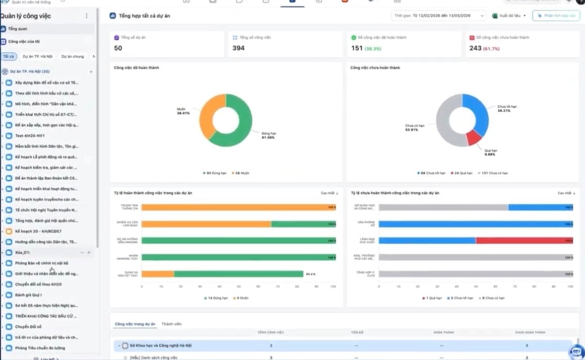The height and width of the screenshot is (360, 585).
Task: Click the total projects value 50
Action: [x=118, y=48]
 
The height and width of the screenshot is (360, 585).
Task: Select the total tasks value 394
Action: [x=238, y=48]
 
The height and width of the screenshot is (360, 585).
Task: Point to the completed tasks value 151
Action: [x=357, y=48]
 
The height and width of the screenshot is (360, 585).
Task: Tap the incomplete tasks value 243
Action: [x=475, y=48]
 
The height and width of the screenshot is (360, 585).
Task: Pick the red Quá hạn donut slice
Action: [x=473, y=137]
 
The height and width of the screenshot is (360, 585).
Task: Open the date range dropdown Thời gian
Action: [x=438, y=16]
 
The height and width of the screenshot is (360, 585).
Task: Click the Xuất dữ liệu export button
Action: [x=509, y=16]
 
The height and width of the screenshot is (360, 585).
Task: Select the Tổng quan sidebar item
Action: [x=18, y=29]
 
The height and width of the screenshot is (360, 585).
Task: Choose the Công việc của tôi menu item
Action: [x=24, y=41]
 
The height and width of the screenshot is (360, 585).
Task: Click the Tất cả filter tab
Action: [x=8, y=56]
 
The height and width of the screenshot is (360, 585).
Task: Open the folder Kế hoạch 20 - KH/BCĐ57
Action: [x=38, y=231]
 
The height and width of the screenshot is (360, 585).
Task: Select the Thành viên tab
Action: [x=171, y=324]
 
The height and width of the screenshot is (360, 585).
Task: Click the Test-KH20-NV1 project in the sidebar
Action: [x=30, y=135]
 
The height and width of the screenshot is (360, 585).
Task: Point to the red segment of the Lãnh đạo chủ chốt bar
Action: [x=524, y=240]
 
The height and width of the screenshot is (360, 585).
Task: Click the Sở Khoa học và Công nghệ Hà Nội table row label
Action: [x=160, y=346]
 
